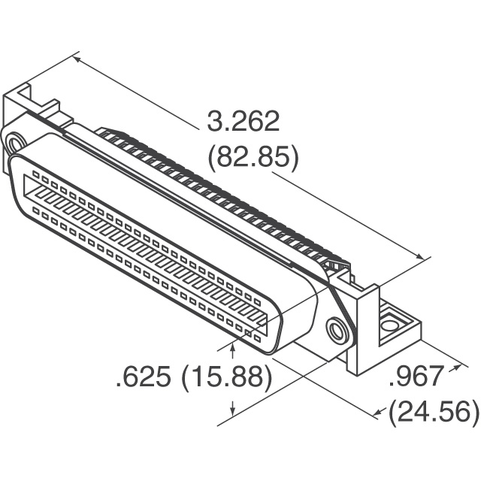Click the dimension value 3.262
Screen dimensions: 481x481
tap(242, 121)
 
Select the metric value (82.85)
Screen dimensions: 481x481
tap(252, 158)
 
